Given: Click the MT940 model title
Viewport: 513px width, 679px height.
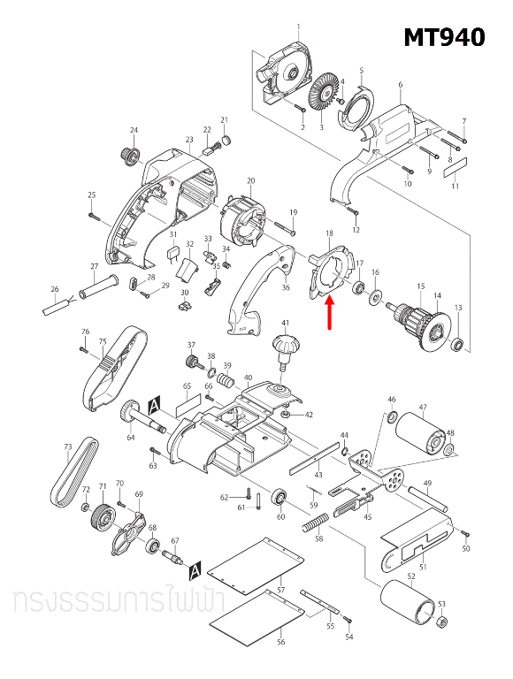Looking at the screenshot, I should [x=444, y=37].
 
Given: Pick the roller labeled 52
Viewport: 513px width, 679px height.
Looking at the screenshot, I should [x=410, y=607].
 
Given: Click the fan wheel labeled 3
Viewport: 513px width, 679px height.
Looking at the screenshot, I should [x=322, y=93].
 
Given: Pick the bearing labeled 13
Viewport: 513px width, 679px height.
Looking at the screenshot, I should [x=457, y=343].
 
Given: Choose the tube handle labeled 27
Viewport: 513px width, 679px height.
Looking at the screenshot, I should [x=101, y=286].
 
